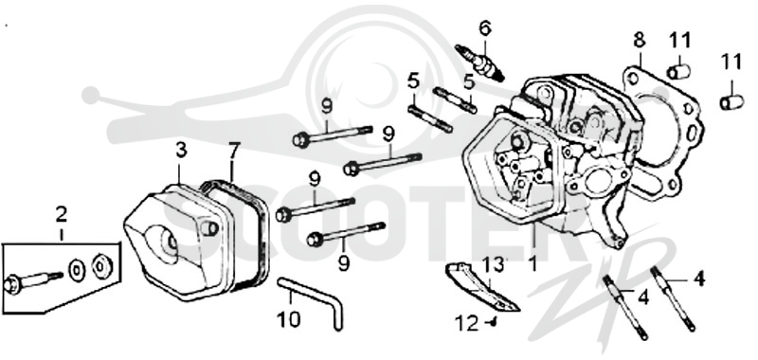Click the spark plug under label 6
tap(479, 63)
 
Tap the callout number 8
tap(639, 41)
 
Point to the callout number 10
tap(289, 319)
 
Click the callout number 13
tap(493, 264)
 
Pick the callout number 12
tap(467, 323)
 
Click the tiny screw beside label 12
tap(493, 321)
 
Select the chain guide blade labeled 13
tap(481, 287)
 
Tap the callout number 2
tap(62, 214)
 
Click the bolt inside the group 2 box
tap(33, 280)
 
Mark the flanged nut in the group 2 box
tap(102, 265)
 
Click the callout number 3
tap(181, 151)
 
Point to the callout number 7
tap(233, 151)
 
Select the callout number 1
tap(532, 263)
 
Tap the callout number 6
tap(485, 28)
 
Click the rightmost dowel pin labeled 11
tap(731, 102)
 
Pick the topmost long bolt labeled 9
tap(333, 135)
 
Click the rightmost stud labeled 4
tap(674, 298)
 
